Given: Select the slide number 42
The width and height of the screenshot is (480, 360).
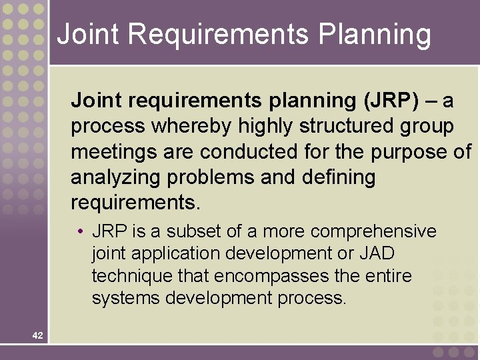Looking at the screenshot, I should pyautogui.click(x=37, y=336).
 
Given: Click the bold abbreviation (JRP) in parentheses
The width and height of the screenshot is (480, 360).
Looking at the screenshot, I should pyautogui.click(x=392, y=101).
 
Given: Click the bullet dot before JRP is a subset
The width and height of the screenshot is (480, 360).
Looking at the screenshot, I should pyautogui.click(x=79, y=232).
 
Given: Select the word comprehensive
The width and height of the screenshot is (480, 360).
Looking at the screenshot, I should pyautogui.click(x=373, y=231).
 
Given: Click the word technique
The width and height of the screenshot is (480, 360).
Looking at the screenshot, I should pyautogui.click(x=131, y=276).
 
